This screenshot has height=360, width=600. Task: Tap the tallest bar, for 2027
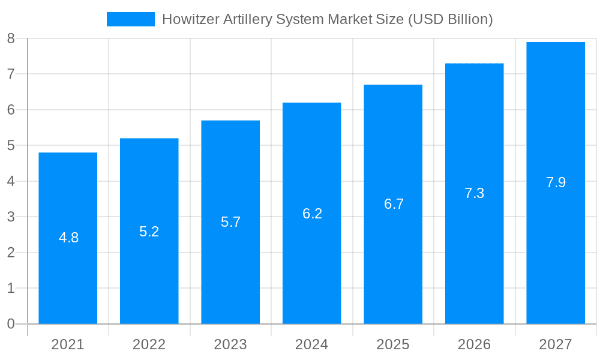tap(556, 252)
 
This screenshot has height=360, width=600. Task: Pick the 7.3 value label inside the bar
tap(474, 193)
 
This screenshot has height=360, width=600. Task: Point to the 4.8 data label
tap(68, 238)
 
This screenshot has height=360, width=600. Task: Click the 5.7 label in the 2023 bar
tap(230, 222)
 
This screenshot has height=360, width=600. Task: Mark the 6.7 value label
tap(394, 204)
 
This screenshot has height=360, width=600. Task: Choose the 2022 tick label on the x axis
tap(149, 344)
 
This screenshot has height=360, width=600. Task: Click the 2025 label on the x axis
tap(393, 344)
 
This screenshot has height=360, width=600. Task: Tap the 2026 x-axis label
tap(474, 344)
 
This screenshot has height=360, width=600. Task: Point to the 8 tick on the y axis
tap(11, 38)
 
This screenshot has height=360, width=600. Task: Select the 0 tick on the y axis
tap(11, 324)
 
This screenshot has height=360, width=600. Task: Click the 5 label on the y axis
tap(11, 146)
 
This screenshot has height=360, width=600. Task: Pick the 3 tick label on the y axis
tap(11, 217)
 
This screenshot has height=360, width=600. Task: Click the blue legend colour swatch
tap(130, 19)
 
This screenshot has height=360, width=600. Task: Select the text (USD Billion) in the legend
tap(450, 19)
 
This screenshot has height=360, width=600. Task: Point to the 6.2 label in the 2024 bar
tap(312, 213)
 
